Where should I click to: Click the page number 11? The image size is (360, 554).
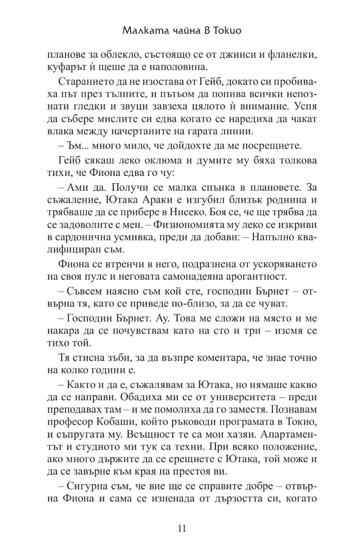[x=180, y=529]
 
